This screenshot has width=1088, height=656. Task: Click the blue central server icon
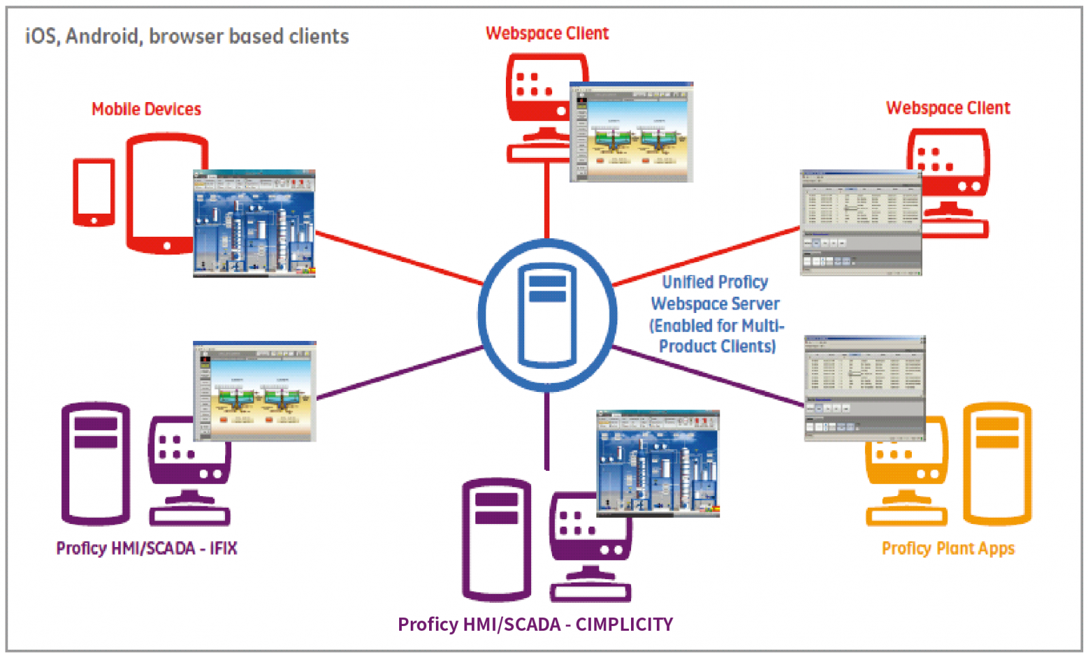click(547, 315)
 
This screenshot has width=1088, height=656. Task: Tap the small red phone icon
click(94, 192)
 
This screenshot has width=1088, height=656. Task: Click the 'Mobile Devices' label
click(146, 109)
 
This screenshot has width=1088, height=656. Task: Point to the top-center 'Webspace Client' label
click(547, 33)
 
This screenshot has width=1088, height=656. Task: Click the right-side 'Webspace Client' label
click(947, 108)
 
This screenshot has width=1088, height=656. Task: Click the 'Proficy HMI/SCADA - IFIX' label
click(146, 548)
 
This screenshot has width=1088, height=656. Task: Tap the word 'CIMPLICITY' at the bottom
click(624, 624)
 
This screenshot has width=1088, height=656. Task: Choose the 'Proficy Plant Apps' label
click(948, 548)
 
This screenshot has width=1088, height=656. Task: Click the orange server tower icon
click(997, 463)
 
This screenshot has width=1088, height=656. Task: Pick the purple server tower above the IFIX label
click(96, 463)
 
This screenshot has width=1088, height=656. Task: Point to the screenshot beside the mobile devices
click(254, 223)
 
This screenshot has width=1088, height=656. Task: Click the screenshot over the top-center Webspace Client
click(631, 132)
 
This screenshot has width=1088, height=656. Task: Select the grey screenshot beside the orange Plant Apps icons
click(864, 388)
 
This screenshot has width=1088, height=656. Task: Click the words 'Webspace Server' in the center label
click(715, 304)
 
